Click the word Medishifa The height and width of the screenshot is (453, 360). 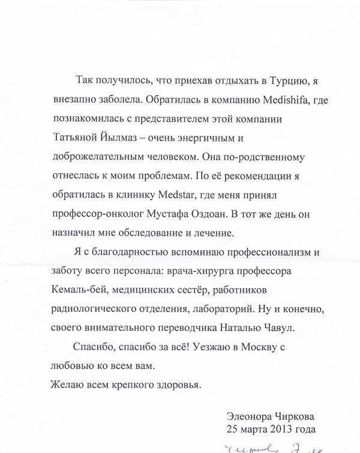pos(264,97)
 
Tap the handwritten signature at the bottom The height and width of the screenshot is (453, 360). pos(276,446)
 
